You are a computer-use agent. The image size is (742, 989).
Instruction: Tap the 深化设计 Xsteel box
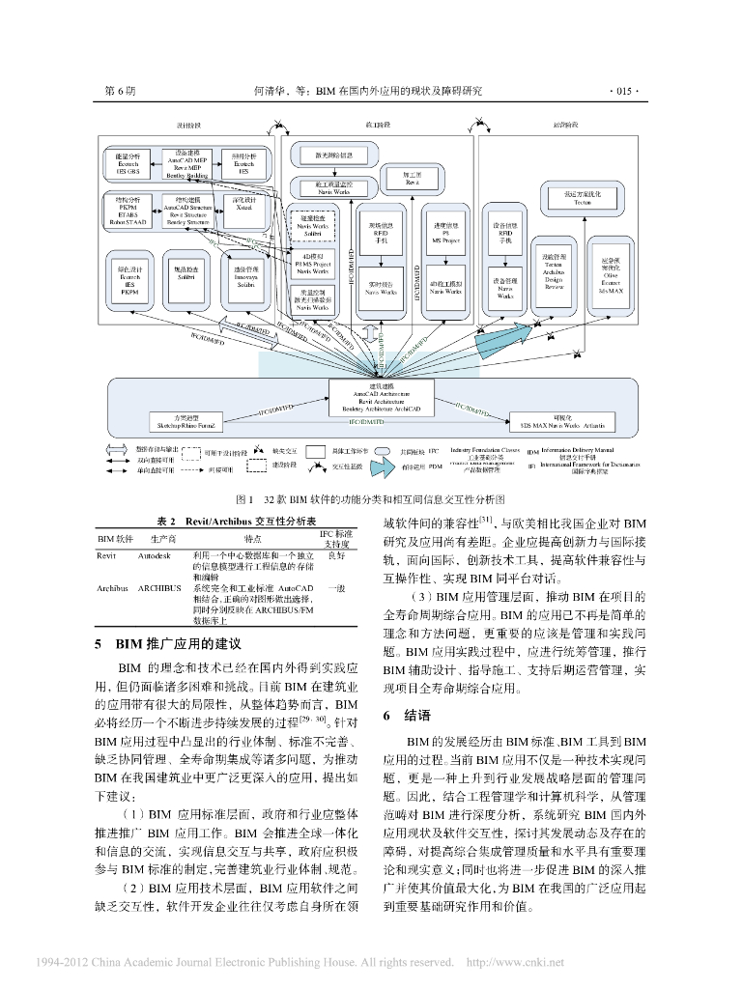click(243, 207)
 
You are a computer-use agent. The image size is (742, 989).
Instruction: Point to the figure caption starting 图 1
click(371, 501)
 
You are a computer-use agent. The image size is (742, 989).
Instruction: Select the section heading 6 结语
click(400, 716)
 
